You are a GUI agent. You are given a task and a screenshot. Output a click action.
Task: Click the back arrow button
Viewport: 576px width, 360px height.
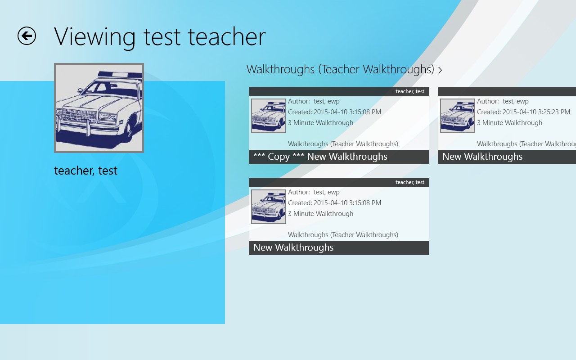pos(27,36)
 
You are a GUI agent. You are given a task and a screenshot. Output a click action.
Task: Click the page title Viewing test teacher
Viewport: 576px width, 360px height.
pos(160,37)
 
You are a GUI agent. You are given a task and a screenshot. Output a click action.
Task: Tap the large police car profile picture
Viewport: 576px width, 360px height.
pos(99,108)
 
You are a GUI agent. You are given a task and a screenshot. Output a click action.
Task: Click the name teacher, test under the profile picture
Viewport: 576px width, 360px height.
pos(85,171)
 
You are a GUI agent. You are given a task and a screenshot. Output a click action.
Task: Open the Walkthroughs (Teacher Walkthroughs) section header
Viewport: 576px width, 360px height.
pos(340,69)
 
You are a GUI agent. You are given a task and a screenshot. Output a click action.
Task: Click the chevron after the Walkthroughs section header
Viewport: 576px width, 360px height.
pos(440,70)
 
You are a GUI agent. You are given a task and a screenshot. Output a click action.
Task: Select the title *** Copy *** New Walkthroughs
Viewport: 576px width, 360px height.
pos(320,157)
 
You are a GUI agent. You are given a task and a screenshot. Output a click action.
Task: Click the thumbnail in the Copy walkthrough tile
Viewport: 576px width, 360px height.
pos(269,116)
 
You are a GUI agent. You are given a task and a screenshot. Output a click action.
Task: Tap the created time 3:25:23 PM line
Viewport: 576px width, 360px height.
pos(523,112)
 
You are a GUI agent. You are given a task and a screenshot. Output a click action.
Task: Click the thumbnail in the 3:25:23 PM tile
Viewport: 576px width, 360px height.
pos(458,116)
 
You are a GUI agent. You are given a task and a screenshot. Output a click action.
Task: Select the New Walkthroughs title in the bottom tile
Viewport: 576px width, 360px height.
pos(293,247)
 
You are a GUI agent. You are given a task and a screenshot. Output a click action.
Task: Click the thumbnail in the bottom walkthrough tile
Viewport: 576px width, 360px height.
pos(269,207)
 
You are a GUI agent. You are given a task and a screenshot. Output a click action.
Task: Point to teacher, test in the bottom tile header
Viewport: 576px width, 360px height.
pos(410,182)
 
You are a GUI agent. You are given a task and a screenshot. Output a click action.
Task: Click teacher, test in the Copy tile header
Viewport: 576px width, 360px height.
pos(410,91)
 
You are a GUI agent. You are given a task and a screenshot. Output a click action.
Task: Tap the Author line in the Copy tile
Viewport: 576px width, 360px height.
pos(314,101)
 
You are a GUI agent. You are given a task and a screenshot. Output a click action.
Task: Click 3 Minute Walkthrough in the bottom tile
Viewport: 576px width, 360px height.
pos(320,214)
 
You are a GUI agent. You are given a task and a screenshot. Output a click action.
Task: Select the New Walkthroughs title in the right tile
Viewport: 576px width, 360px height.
pos(482,157)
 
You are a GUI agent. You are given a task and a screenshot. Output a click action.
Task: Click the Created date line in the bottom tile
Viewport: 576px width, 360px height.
pos(334,203)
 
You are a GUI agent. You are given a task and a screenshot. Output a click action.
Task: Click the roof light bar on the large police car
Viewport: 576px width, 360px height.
pos(120,75)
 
